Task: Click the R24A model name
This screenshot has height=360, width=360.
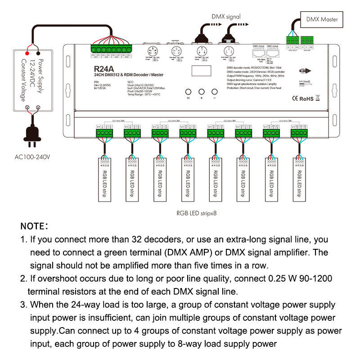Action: click(x=103, y=69)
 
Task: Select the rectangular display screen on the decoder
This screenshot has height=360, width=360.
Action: click(x=200, y=71)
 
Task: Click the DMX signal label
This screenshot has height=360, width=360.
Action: click(x=227, y=17)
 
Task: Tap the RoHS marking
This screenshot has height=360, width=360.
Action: click(x=306, y=98)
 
